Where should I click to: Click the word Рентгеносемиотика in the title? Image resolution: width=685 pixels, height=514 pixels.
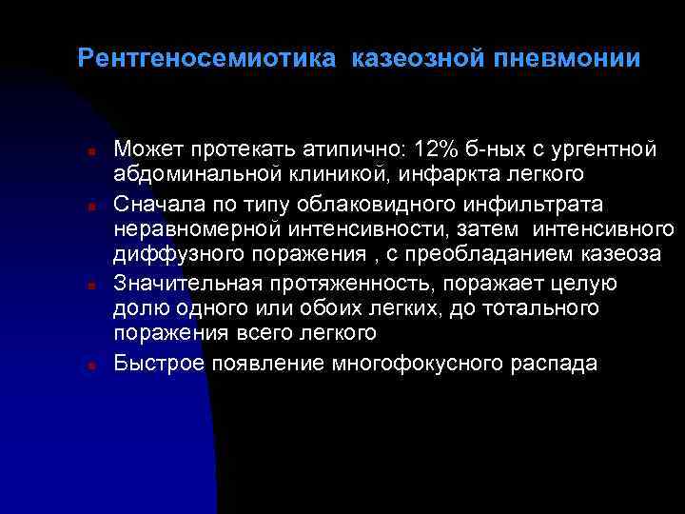pyautogui.click(x=206, y=59)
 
